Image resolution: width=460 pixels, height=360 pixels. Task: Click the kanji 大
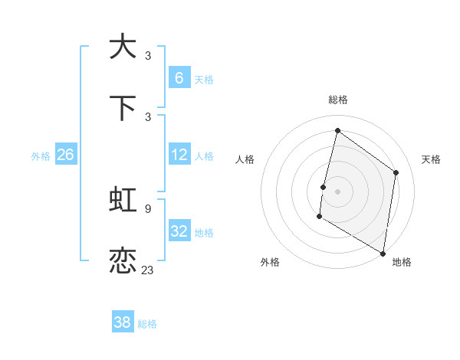123,47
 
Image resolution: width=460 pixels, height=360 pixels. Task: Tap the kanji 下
123,108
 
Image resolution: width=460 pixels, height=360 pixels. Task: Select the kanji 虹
123,201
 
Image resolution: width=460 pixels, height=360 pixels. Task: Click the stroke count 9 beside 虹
148,208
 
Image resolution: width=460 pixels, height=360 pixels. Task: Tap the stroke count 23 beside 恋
148,270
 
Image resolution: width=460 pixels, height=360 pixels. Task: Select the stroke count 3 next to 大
148,55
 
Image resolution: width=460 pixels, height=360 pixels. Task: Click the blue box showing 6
179,77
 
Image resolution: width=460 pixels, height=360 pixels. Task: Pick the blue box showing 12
179,155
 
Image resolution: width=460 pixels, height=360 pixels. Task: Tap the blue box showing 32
179,231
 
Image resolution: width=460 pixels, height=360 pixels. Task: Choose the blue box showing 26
65,155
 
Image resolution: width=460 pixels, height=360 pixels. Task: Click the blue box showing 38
123,322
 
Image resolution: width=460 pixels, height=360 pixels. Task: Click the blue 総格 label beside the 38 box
147,324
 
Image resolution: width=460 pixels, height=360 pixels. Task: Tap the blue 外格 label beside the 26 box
41,156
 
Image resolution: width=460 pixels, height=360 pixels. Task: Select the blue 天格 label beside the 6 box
204,80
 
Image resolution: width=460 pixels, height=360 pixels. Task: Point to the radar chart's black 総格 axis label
337,100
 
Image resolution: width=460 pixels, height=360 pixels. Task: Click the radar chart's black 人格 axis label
245,159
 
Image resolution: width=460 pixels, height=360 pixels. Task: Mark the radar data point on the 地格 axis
383,253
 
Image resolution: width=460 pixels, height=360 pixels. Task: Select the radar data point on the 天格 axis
396,172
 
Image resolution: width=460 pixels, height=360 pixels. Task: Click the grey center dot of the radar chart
337,191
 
